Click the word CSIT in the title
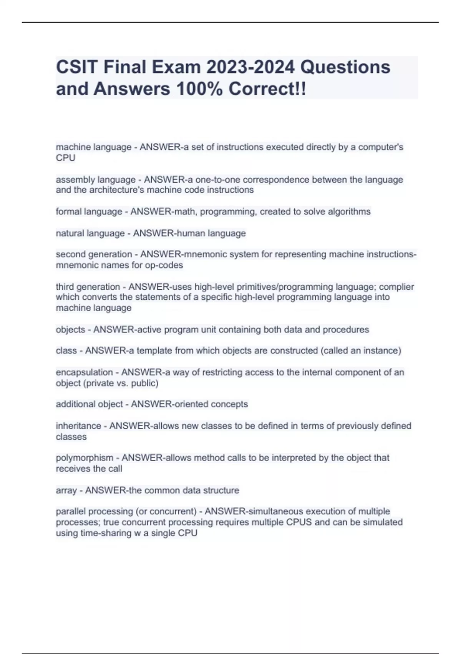click(x=75, y=67)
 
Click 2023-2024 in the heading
click(x=250, y=67)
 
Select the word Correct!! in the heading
click(x=267, y=89)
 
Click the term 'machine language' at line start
click(x=93, y=147)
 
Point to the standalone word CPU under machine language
click(x=65, y=158)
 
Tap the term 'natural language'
click(x=90, y=234)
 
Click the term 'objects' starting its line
click(x=70, y=330)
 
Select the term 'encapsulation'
click(x=84, y=372)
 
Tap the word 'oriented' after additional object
click(x=190, y=404)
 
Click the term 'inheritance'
click(x=78, y=426)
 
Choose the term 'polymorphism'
click(x=85, y=458)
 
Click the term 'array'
click(x=66, y=490)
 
